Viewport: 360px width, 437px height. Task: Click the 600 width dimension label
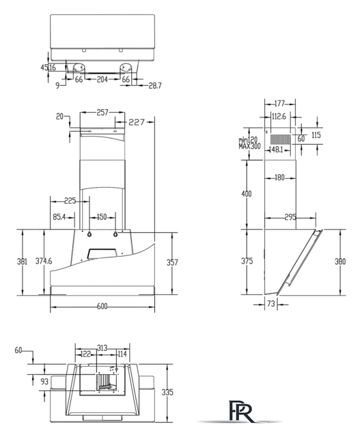102,306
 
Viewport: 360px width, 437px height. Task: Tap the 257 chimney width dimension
102,112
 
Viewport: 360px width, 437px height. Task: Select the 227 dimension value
137,122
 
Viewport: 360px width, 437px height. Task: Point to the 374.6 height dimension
44,261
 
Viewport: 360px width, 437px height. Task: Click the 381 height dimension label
22,262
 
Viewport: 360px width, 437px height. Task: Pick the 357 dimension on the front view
172,262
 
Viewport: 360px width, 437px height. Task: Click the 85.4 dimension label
59,216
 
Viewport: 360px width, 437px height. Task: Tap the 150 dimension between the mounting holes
102,217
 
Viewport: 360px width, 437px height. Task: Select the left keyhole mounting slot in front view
89,234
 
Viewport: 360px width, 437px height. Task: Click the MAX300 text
249,146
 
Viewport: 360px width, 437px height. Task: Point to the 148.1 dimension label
276,150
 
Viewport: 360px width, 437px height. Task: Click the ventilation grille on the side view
280,139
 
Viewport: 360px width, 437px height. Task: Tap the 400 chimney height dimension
246,194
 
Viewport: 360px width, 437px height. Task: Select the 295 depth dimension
290,217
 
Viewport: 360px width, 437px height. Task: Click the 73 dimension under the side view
271,303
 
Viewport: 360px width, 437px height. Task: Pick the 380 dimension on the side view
340,262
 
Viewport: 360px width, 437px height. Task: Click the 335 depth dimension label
167,392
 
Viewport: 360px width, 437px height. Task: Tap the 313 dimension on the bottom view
102,348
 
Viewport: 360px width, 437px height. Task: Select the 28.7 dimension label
155,85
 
